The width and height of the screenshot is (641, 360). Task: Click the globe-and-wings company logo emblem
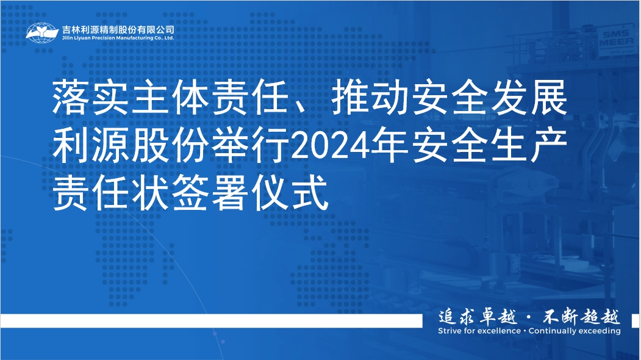click(x=43, y=33)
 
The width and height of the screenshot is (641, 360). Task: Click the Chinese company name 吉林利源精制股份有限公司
click(x=118, y=29)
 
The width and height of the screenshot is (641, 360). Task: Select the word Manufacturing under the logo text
click(x=133, y=38)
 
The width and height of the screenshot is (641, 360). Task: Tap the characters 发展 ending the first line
click(x=529, y=98)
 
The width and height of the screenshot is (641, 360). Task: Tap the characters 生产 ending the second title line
click(x=529, y=145)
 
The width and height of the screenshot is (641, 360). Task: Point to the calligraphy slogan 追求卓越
click(x=478, y=317)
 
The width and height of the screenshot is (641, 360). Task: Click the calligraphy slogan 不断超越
click(x=581, y=317)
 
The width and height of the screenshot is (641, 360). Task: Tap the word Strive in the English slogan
click(x=449, y=331)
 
